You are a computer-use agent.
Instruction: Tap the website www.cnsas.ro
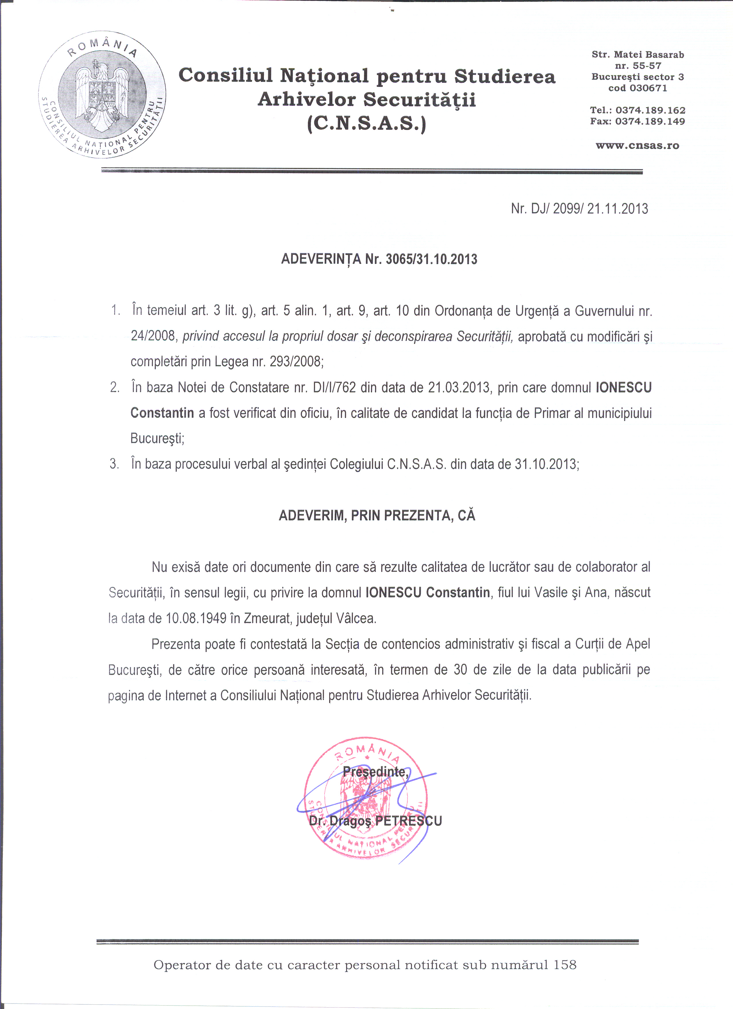pos(637,145)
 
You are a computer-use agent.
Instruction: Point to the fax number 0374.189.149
pos(650,121)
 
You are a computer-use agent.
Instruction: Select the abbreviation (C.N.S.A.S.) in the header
pos(367,123)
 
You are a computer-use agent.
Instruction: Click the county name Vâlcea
pos(356,618)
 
